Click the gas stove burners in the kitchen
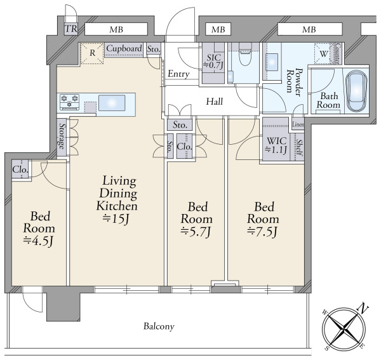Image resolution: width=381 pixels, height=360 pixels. tap(69, 99)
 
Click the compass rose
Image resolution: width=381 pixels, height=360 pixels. tap(344, 328)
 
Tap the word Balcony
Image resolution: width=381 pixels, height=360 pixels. tap(158, 326)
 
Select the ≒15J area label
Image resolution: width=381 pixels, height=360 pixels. tap(116, 219)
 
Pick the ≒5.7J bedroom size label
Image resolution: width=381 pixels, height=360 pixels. tap(196, 230)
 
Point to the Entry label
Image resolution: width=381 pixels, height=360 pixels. tap(178, 74)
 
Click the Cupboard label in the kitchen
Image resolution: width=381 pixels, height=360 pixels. tap(124, 48)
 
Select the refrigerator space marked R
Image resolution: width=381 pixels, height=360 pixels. tap(92, 53)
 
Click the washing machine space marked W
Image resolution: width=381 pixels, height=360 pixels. tap(324, 54)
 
